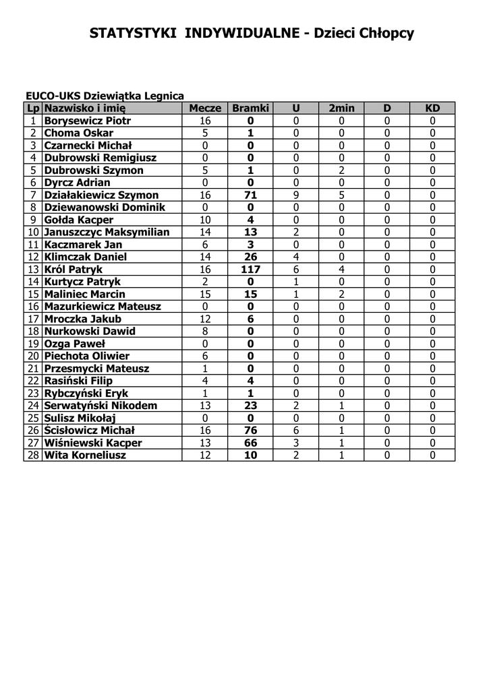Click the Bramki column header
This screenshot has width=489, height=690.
[250, 108]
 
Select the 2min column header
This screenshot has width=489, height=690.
[341, 108]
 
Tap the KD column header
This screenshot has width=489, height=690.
[432, 108]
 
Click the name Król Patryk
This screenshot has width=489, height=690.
[69, 269]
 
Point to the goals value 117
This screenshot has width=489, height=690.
[250, 269]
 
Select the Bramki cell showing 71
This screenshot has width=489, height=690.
[250, 195]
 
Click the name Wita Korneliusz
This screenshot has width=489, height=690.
[84, 455]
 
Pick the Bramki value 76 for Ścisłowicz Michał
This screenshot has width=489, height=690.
[250, 430]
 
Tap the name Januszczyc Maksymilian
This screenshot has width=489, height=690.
[107, 232]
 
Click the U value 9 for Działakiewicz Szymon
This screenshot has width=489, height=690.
[295, 195]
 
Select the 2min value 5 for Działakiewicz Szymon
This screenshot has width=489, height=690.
[341, 195]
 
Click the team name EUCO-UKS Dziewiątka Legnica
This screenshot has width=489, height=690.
[105, 96]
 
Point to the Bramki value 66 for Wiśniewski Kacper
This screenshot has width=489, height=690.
[250, 443]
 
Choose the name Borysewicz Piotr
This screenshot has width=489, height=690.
[87, 121]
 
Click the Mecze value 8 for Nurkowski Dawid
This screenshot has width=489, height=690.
[205, 331]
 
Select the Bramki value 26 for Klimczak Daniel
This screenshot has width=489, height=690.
[250, 257]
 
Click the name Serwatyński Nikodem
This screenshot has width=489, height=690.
[100, 406]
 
